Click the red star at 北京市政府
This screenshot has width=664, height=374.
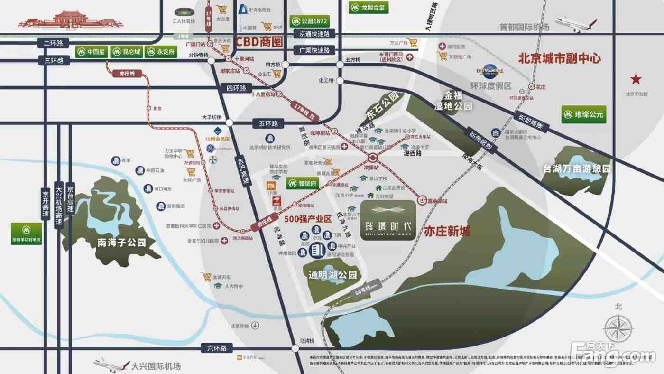[x=636, y=79]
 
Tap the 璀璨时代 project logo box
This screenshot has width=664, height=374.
[x=388, y=220]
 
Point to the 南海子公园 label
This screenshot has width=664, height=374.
[x=121, y=243]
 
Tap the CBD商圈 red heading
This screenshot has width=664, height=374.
[x=259, y=42]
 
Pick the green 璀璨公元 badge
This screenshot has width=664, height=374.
[x=583, y=114]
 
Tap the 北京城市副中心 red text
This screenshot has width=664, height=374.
[x=560, y=59]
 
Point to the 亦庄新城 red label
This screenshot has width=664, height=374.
[x=447, y=232]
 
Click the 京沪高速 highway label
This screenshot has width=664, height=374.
[x=242, y=171]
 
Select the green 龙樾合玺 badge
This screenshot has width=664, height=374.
[x=369, y=8]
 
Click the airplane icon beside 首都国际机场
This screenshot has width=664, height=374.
[x=576, y=23]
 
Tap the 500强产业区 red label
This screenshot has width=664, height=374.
[x=308, y=219]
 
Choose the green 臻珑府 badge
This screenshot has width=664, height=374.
[x=303, y=184]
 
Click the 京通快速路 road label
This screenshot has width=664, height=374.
[x=314, y=34]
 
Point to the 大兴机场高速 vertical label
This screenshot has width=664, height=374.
[x=59, y=205]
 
